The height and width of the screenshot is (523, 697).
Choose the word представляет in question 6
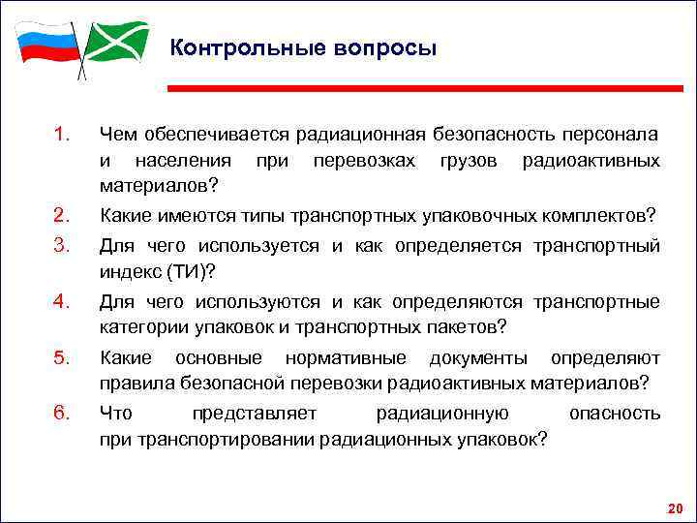(254, 415)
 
